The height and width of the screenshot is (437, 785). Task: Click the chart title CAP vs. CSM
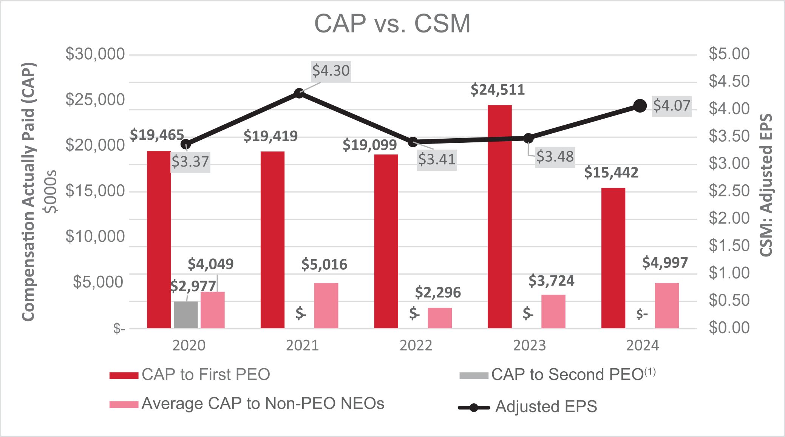click(392, 24)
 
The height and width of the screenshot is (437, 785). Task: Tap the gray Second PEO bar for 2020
click(185, 315)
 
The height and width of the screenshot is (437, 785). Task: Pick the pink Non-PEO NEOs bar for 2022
click(440, 318)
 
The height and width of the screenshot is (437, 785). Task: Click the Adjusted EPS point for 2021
click(299, 93)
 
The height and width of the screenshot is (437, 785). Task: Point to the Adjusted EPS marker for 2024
click(640, 106)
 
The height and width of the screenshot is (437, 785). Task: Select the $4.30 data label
click(331, 71)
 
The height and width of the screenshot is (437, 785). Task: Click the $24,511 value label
click(498, 90)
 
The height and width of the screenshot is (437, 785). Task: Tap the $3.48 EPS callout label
click(555, 156)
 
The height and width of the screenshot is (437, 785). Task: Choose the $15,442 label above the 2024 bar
click(611, 173)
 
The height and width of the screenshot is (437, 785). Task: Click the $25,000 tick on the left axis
click(95, 100)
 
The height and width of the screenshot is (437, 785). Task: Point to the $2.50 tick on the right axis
click(729, 191)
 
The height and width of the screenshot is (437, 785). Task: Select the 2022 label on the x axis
click(416, 346)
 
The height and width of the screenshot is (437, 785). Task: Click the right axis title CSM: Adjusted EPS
click(766, 185)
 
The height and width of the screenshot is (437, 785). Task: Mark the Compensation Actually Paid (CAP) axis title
click(28, 192)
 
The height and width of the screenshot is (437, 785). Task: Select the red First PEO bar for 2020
click(159, 239)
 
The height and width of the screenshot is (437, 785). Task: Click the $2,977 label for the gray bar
click(193, 286)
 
